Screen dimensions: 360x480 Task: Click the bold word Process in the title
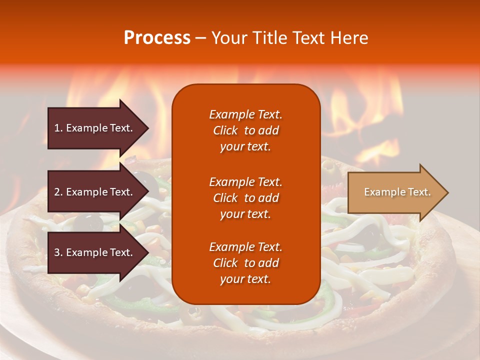[157, 38]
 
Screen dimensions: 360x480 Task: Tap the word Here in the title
[348, 38]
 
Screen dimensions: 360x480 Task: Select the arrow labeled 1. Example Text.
[95, 128]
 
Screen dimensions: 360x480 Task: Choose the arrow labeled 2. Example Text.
[95, 192]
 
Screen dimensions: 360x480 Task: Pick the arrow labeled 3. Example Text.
[95, 252]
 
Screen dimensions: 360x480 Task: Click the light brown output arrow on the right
[395, 192]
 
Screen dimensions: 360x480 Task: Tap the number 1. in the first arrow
[58, 128]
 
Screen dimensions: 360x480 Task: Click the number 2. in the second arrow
[58, 192]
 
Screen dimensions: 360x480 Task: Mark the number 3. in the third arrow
[58, 252]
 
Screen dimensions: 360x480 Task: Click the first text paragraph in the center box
[245, 130]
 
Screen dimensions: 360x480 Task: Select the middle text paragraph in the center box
[245, 198]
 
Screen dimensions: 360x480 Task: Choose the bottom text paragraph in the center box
[245, 263]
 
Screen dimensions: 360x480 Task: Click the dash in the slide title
[201, 38]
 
